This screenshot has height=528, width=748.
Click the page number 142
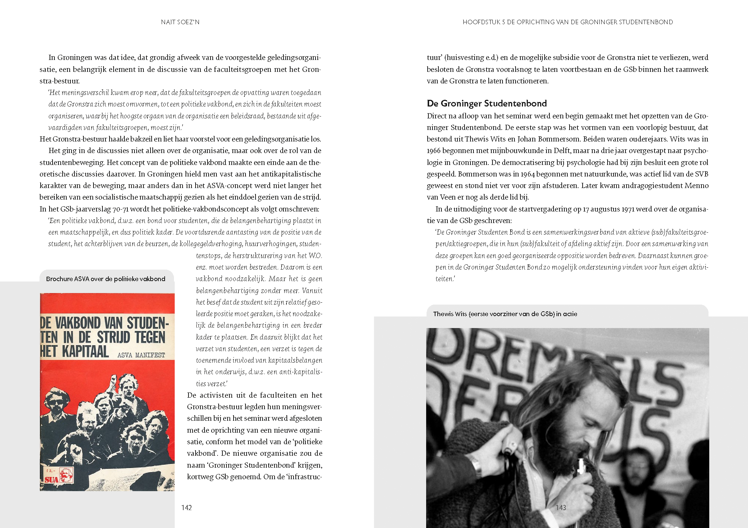pyautogui.click(x=186, y=508)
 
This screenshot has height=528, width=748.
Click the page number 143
pyautogui.click(x=561, y=508)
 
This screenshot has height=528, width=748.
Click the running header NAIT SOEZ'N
pyautogui.click(x=180, y=22)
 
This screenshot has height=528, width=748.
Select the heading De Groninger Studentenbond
pyautogui.click(x=486, y=103)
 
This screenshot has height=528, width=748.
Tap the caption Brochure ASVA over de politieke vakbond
pyautogui.click(x=105, y=279)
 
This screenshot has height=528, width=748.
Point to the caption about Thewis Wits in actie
pyautogui.click(x=505, y=314)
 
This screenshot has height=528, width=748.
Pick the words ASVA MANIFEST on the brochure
pyautogui.click(x=141, y=355)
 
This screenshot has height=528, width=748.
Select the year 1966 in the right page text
pyautogui.click(x=434, y=151)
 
